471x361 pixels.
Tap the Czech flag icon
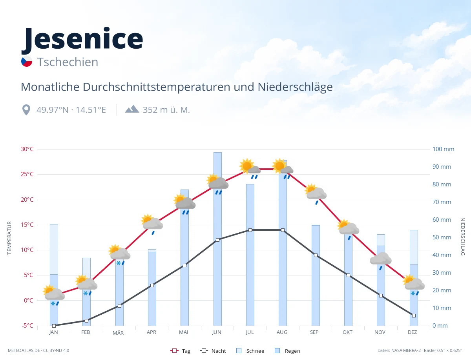[27, 61]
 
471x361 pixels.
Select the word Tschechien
[68, 62]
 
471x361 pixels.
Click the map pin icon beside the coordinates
[26, 110]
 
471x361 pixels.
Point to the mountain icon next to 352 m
[132, 109]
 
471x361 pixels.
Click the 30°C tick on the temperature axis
[27, 149]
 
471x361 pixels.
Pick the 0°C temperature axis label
[28, 301]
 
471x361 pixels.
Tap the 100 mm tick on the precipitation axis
[443, 149]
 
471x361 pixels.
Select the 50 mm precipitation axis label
[442, 237]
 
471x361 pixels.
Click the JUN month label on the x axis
[217, 332]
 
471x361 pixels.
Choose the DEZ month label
[412, 332]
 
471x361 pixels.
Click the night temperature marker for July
[250, 230]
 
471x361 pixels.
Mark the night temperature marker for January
[54, 326]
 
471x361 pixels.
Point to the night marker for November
[381, 295]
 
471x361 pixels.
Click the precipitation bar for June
[217, 239]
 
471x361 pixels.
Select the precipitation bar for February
[86, 292]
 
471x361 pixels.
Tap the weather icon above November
[381, 261]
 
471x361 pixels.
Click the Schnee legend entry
[250, 351]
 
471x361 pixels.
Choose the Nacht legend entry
[213, 351]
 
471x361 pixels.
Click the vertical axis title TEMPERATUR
[9, 238]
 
